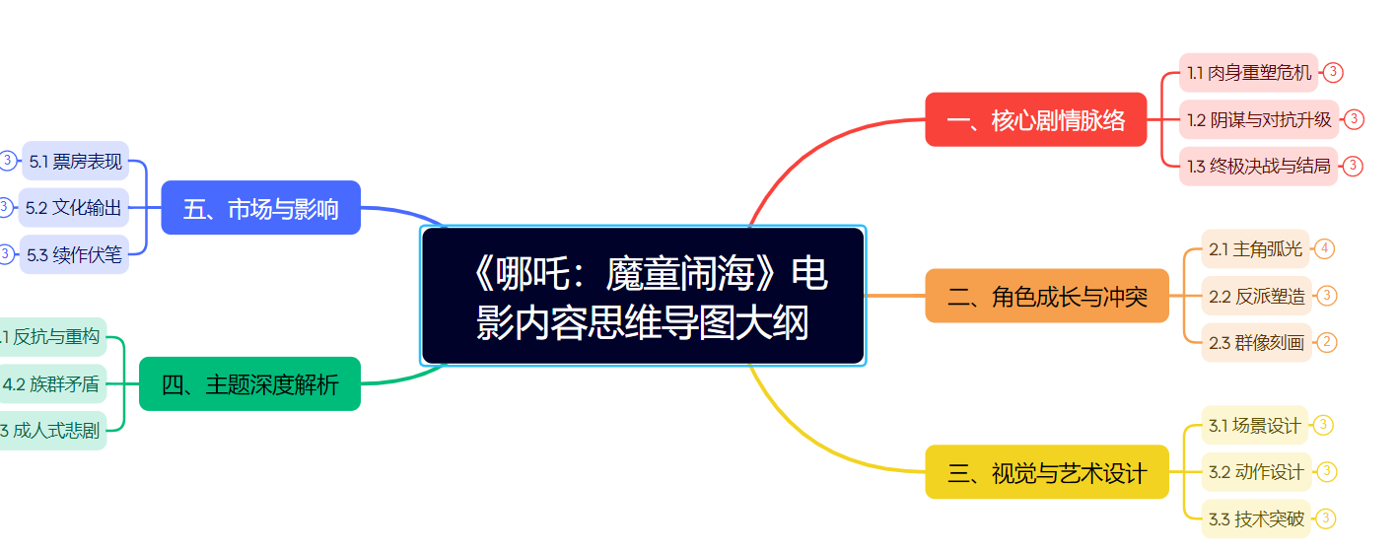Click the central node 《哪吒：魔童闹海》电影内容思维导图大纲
click(x=643, y=296)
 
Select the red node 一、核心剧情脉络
click(x=1035, y=120)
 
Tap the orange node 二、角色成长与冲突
click(x=1047, y=296)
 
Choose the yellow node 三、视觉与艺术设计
click(x=1047, y=472)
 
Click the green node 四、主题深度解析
click(x=249, y=384)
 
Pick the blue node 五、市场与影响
click(x=260, y=208)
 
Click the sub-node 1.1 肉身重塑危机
click(x=1248, y=72)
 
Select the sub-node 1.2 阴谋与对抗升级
click(x=1259, y=119)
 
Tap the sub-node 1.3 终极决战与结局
click(x=1258, y=166)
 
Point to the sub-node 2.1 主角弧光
click(x=1256, y=249)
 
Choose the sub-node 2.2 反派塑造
click(x=1256, y=296)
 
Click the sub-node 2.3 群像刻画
click(x=1256, y=343)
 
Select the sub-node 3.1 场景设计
click(x=1254, y=426)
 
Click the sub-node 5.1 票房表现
click(x=76, y=161)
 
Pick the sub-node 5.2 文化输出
click(x=74, y=208)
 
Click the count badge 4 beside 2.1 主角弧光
click(x=1324, y=248)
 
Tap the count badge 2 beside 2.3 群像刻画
click(x=1327, y=343)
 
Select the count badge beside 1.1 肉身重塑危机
click(x=1333, y=72)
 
